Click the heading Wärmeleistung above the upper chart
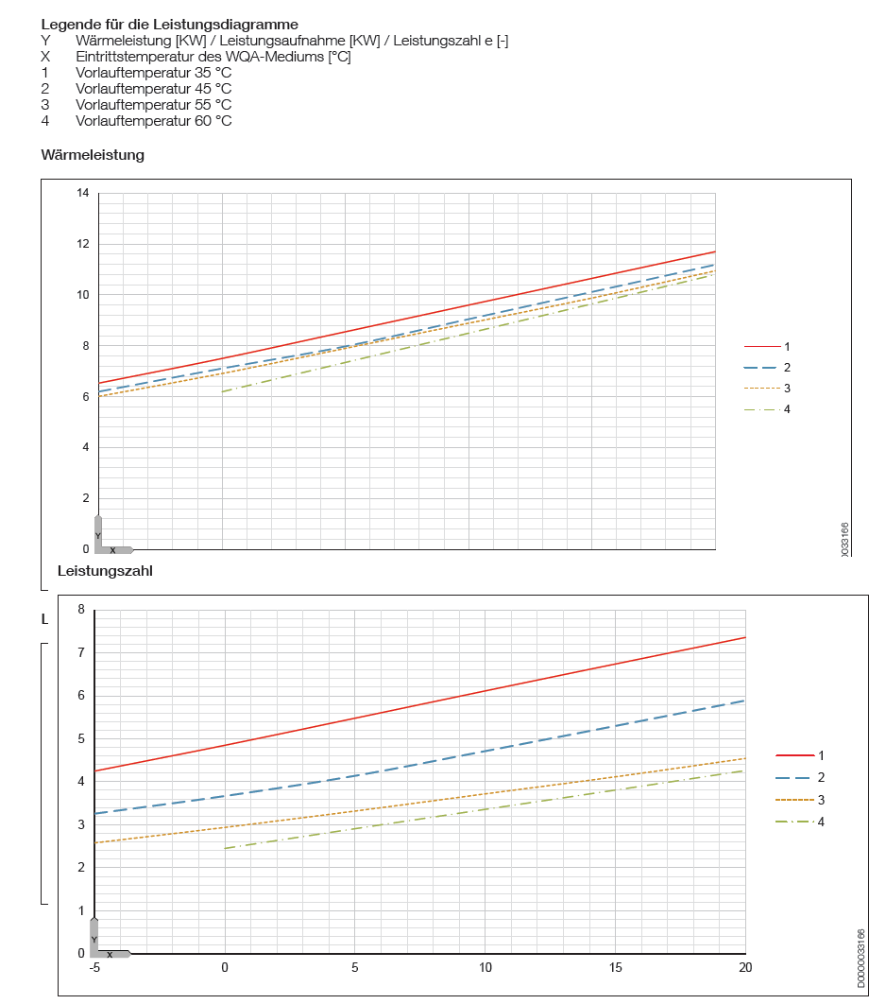pyautogui.click(x=93, y=155)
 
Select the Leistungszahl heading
pyautogui.click(x=105, y=571)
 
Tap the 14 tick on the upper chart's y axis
pyautogui.click(x=83, y=194)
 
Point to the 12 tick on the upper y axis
pyautogui.click(x=83, y=244)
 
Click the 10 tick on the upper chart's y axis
pyautogui.click(x=83, y=295)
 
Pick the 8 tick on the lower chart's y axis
pyautogui.click(x=81, y=610)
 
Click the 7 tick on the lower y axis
pyautogui.click(x=81, y=652)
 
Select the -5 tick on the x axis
pyautogui.click(x=94, y=967)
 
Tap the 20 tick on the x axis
pyautogui.click(x=745, y=967)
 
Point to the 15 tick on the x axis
pyautogui.click(x=615, y=967)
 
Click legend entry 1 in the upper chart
pyautogui.click(x=787, y=347)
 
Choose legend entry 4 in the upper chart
pyautogui.click(x=787, y=409)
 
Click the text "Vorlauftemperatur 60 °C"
pyautogui.click(x=153, y=121)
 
